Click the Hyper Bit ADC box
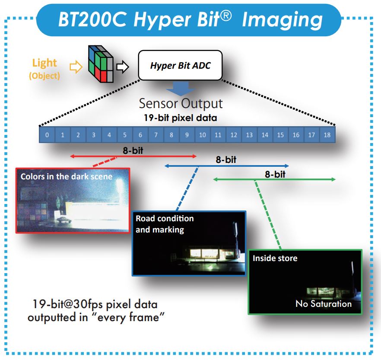click(180, 66)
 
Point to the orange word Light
click(44, 63)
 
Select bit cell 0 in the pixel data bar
click(47, 135)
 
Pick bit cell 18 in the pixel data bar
click(327, 135)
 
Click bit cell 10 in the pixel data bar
click(202, 135)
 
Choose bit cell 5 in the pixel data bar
click(124, 135)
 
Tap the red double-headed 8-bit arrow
click(133, 156)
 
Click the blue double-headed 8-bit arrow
click(226, 166)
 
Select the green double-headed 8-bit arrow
click(274, 179)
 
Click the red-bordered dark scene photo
click(73, 200)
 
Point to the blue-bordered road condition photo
click(189, 243)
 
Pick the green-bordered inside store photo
click(305, 282)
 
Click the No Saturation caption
click(324, 304)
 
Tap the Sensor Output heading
click(181, 104)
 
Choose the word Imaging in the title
click(283, 19)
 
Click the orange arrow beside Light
click(76, 67)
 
